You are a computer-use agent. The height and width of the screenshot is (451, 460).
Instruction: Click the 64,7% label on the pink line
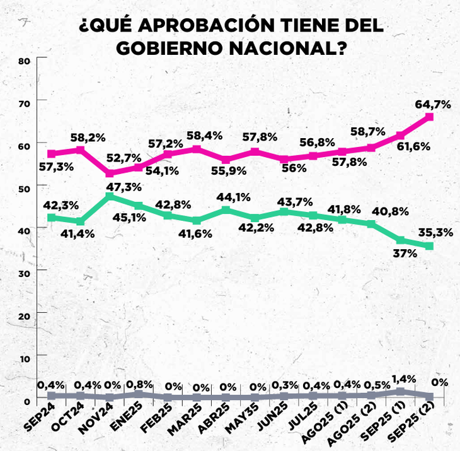click(x=432, y=104)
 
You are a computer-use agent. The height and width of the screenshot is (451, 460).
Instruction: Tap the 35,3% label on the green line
click(x=434, y=232)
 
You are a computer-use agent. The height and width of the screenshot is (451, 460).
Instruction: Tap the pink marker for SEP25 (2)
click(x=429, y=117)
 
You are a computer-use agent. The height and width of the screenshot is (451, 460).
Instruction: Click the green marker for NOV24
click(x=110, y=197)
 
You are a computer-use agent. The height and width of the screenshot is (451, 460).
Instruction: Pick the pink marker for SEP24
click(x=52, y=153)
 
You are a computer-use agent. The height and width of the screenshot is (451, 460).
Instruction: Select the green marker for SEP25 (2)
click(x=429, y=245)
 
